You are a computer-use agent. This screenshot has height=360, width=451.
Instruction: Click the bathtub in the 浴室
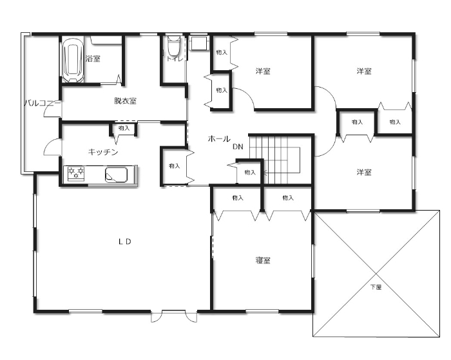click(73, 59)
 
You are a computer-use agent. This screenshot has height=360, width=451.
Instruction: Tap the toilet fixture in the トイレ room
click(174, 46)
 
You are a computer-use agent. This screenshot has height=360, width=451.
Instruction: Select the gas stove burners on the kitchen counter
click(76, 173)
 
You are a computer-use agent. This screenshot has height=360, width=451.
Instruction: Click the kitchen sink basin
click(116, 175)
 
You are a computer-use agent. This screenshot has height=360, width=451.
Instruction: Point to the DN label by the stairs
click(238, 147)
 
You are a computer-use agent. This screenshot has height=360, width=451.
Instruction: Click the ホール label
click(219, 139)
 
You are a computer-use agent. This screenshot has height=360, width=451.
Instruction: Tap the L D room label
click(125, 242)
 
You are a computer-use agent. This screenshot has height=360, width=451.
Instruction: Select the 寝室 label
click(263, 261)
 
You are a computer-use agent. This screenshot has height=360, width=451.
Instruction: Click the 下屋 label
click(376, 287)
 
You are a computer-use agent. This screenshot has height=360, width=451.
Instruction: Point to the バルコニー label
click(43, 103)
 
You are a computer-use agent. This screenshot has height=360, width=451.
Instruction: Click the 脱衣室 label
click(125, 101)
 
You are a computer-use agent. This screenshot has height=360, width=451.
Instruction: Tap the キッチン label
click(103, 152)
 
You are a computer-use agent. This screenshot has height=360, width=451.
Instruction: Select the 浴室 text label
click(93, 59)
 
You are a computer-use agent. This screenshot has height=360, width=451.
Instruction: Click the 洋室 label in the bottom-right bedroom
click(364, 172)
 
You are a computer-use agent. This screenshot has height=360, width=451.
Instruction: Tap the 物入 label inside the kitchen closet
click(124, 128)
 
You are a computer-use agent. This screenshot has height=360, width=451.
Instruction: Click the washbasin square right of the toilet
click(198, 43)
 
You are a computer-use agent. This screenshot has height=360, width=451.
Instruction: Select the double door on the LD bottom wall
click(174, 316)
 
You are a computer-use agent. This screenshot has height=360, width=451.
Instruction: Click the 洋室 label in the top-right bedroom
click(364, 71)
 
